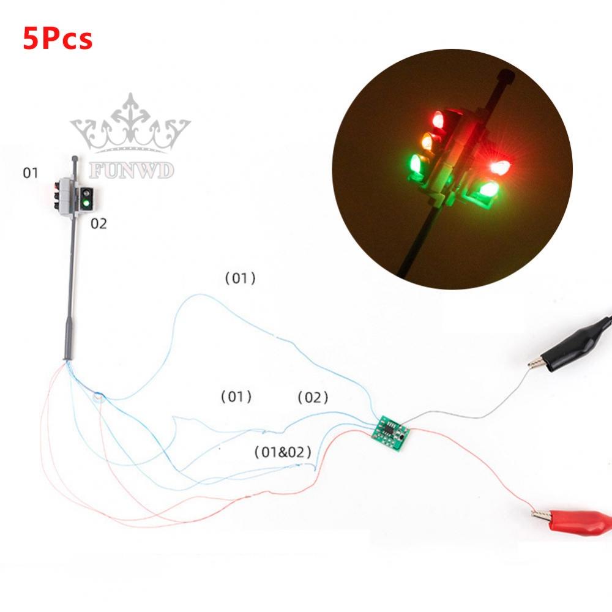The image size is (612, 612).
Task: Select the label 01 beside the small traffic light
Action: click(x=31, y=173)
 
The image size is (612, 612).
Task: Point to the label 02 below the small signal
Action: click(x=99, y=224)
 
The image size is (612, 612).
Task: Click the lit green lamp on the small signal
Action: click(x=86, y=203)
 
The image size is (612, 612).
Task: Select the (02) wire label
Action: click(x=313, y=398)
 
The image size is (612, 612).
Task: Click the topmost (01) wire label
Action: click(x=240, y=278)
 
